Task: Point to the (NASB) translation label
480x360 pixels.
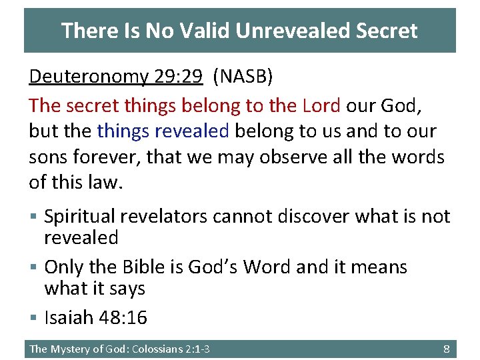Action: point(243,77)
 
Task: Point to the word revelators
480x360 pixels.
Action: point(172,216)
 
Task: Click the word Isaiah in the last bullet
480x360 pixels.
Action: point(69,318)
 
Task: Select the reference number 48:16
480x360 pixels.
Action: point(123,318)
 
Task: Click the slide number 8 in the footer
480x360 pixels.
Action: point(447,349)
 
